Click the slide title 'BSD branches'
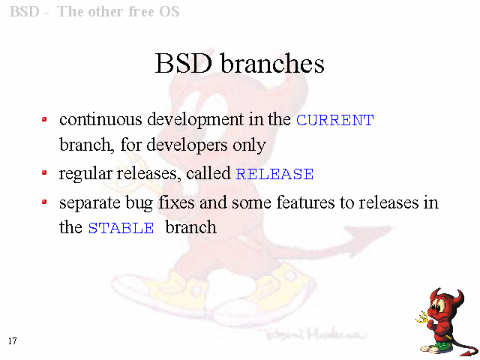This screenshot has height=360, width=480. (239, 63)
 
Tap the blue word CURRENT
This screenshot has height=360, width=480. (335, 120)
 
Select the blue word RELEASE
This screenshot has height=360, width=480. (274, 174)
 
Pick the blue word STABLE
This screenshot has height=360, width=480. (121, 228)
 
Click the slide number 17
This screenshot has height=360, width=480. (13, 340)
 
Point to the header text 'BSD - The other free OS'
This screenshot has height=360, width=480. (94, 12)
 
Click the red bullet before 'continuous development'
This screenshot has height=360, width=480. (44, 119)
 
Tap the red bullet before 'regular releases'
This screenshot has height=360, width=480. (44, 173)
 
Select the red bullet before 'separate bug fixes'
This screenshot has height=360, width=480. (44, 202)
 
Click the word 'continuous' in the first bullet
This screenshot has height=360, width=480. (100, 119)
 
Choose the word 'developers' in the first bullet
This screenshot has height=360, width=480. (187, 145)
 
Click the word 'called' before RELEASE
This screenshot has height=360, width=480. (208, 173)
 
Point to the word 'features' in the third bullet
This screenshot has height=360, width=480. (305, 202)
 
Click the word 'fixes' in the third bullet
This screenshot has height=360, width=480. (176, 202)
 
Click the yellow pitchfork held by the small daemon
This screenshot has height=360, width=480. (424, 318)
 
